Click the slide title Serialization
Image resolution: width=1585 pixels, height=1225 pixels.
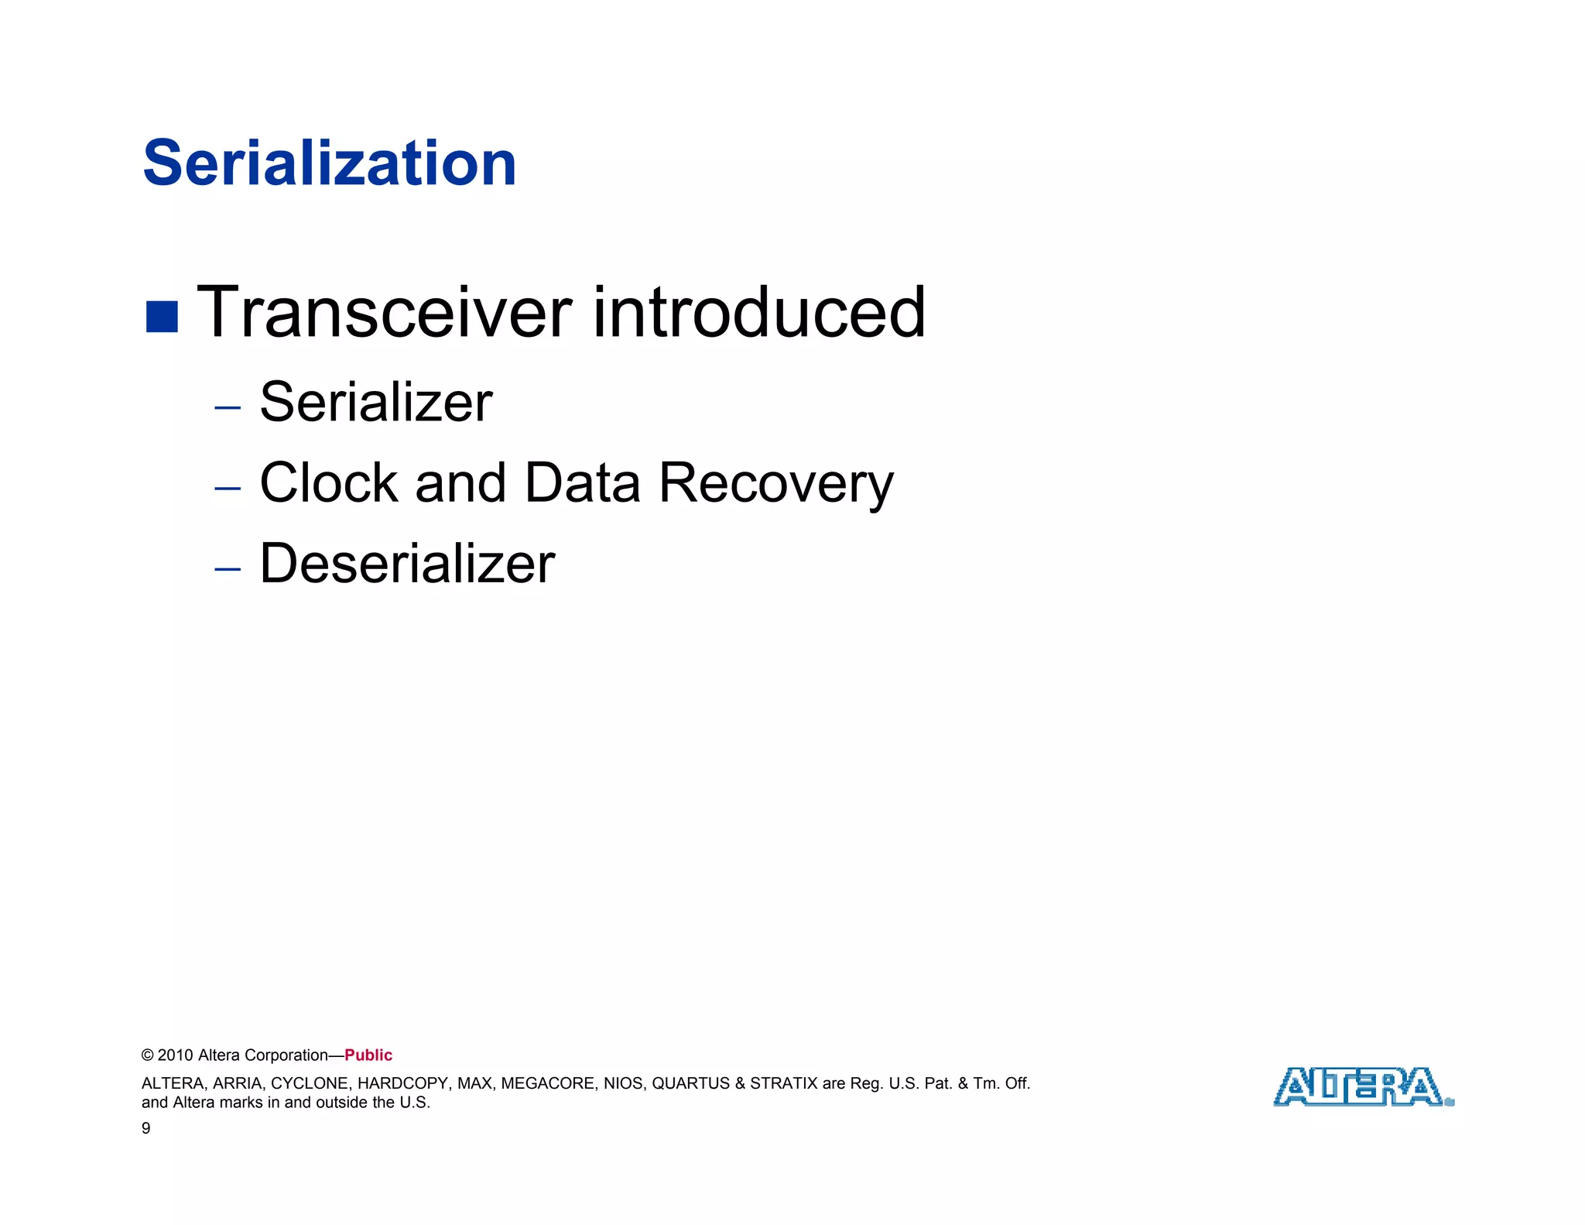[x=330, y=163]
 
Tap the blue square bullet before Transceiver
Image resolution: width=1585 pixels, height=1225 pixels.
[x=162, y=316]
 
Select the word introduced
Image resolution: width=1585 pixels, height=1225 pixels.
[x=758, y=312]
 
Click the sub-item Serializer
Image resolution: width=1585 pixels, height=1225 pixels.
[x=376, y=403]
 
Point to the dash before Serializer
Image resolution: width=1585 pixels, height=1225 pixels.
[x=228, y=407]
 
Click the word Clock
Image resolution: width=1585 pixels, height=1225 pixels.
[x=328, y=482]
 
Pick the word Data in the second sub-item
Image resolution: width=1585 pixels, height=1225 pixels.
[x=582, y=482]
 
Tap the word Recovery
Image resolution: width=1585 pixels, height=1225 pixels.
[x=776, y=484]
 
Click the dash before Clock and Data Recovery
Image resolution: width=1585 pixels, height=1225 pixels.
[x=228, y=488]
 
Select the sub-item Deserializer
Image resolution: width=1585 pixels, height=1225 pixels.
[x=407, y=563]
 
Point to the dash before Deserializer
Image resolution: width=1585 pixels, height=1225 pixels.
[x=228, y=569]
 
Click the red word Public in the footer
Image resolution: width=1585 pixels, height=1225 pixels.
[x=368, y=1055]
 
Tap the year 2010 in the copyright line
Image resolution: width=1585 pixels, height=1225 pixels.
[x=176, y=1055]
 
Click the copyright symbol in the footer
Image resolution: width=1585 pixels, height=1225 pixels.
[x=147, y=1055]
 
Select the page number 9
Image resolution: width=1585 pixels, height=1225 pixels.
[x=146, y=1128]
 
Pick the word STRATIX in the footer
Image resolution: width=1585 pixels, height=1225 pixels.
[x=783, y=1083]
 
